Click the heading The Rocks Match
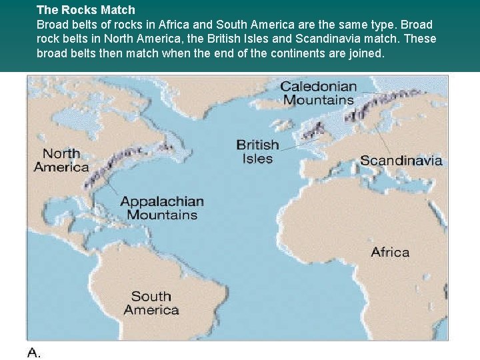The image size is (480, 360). coord(85,10)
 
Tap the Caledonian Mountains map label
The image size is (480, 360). coord(319,93)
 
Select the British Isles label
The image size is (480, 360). coord(257,151)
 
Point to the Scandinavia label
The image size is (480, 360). coord(401,160)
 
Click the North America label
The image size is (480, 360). coord(61,160)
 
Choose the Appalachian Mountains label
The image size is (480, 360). coord(162,208)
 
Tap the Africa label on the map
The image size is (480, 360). coord(390,252)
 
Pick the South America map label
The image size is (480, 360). coord(151,303)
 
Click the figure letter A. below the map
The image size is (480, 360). coord(34,353)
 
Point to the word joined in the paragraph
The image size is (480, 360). coord(366,53)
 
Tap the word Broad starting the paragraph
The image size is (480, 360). coord(53,25)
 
